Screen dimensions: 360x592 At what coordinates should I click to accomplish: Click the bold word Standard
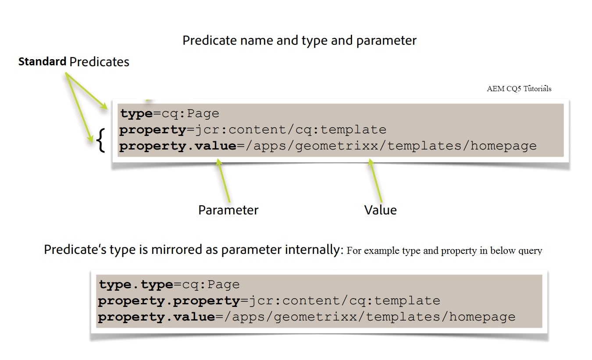(42, 62)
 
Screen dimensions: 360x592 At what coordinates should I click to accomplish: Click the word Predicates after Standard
(100, 62)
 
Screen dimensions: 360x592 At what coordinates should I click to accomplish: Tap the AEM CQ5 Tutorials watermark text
(519, 89)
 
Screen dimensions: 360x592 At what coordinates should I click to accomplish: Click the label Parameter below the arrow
(228, 210)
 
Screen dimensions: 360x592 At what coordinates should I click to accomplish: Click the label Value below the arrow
(380, 210)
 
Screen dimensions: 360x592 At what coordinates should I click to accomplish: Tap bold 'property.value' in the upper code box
(178, 146)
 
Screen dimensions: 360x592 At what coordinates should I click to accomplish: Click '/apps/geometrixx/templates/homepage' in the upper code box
(391, 146)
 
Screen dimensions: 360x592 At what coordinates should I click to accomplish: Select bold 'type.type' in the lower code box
(136, 285)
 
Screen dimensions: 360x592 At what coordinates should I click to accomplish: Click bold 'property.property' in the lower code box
(169, 301)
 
